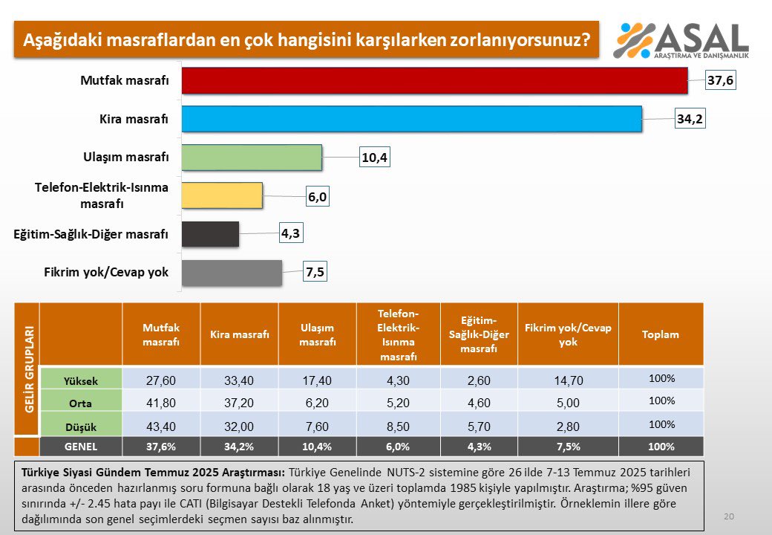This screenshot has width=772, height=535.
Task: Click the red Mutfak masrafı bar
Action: tap(434, 80)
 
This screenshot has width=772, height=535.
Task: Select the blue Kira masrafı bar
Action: tap(411, 119)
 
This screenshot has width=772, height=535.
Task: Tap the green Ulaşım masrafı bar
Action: tap(252, 158)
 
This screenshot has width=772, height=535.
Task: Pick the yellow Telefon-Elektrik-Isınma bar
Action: tap(222, 196)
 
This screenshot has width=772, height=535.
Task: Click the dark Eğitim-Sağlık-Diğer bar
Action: tap(210, 234)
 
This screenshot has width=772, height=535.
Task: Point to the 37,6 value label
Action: tap(719, 80)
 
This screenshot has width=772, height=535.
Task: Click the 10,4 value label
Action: tap(375, 158)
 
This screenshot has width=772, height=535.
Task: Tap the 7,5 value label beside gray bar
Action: tap(315, 273)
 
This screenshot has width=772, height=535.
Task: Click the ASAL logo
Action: tap(681, 40)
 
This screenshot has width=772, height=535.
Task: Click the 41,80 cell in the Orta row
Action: tap(161, 402)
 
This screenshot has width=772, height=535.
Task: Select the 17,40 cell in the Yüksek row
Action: tap(318, 380)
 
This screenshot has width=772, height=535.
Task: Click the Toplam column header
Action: tap(661, 334)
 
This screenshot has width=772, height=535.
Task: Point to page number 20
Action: tap(728, 516)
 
